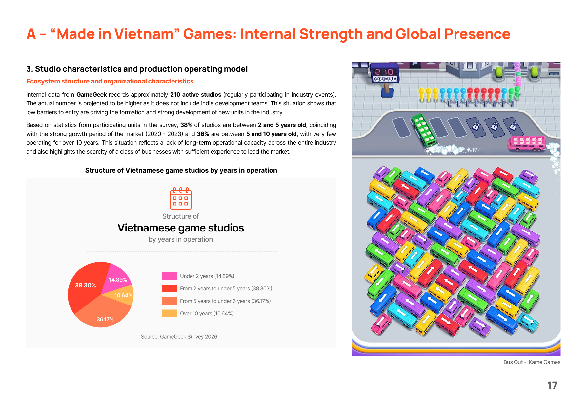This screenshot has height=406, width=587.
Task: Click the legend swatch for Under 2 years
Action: (x=170, y=276)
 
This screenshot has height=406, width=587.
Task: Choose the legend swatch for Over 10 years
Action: (x=170, y=313)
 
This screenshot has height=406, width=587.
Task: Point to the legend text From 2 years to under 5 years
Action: (x=226, y=288)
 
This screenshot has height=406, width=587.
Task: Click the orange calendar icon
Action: (x=181, y=198)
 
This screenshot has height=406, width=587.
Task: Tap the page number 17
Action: (x=552, y=385)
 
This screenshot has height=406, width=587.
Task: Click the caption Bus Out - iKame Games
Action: (x=532, y=362)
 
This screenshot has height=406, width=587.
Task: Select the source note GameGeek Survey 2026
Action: (x=179, y=337)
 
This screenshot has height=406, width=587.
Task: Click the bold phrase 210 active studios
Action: (x=196, y=95)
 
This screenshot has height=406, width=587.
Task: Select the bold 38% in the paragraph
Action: (x=186, y=125)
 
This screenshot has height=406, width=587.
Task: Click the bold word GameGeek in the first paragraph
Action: (x=91, y=95)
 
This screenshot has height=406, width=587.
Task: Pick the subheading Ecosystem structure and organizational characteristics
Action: (x=110, y=81)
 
